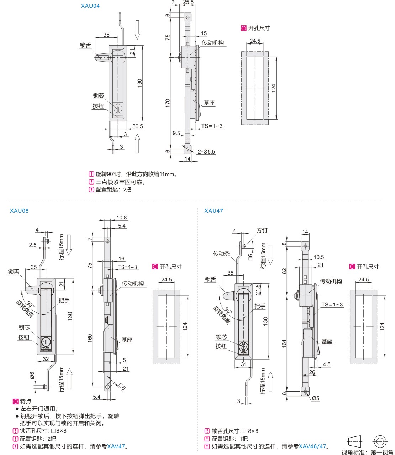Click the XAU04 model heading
point(90,6)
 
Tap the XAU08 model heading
point(19,211)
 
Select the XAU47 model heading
point(214,211)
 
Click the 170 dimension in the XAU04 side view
point(168,103)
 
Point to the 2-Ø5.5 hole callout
point(206,151)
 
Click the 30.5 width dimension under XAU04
point(137,126)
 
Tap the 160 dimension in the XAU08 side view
point(90,337)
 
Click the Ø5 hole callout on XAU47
point(315,398)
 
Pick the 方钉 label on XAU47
point(262,231)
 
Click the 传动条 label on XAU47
point(221,253)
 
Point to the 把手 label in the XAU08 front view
point(64,300)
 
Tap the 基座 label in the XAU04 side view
point(209,103)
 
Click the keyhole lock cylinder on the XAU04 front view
point(117,108)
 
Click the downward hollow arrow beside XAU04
point(137,30)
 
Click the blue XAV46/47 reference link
point(312,446)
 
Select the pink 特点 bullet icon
point(15,401)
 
